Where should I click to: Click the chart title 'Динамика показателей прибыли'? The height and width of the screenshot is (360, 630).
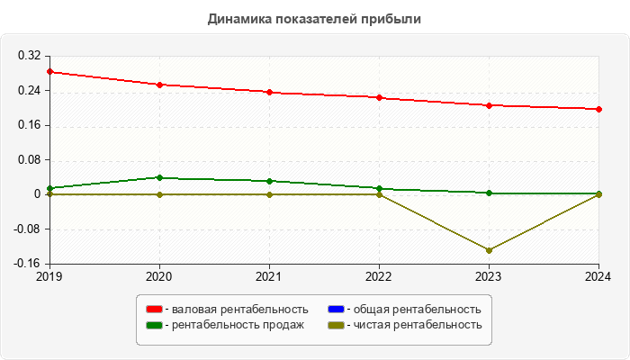[x=314, y=18]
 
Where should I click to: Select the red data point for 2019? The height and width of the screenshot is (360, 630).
[x=49, y=71]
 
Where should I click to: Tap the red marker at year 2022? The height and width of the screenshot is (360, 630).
[x=380, y=97]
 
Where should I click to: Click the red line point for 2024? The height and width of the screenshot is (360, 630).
[x=599, y=109]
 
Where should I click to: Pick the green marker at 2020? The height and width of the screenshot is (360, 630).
[x=159, y=177]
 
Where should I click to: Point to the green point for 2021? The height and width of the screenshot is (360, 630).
[x=269, y=181]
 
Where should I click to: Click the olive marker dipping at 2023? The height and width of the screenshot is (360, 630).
[x=490, y=250]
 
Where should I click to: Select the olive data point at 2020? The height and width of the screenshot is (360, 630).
[x=159, y=194]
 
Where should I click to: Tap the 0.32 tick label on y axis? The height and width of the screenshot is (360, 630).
[x=30, y=56]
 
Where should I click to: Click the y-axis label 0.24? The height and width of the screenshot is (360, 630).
[x=30, y=90]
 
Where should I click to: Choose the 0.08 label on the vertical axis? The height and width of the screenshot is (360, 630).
[x=30, y=159]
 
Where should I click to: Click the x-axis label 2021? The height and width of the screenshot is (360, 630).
[x=269, y=276]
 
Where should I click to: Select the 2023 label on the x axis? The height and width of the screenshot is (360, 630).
[x=490, y=276]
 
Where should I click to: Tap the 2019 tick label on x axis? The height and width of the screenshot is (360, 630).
[x=49, y=276]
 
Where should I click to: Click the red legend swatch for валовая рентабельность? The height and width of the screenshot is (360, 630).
[x=154, y=310]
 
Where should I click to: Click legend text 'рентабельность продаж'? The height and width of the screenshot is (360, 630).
[x=238, y=325]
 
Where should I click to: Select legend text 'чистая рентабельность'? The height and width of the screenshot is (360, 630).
[x=418, y=325]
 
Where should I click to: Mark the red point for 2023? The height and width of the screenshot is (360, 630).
[x=490, y=105]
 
